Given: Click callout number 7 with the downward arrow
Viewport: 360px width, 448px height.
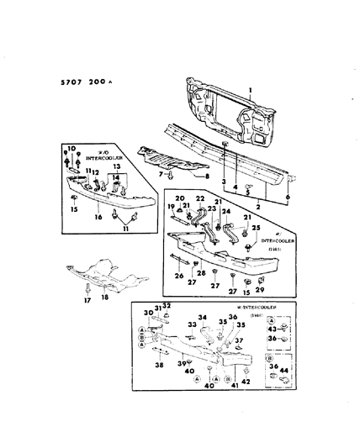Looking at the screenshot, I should pos(158,174).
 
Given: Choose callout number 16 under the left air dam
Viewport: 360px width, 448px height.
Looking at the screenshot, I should pos(97,216).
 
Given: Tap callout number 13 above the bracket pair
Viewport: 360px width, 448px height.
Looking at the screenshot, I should pos(117,168).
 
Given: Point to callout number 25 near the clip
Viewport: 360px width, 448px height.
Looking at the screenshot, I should pos(256,228).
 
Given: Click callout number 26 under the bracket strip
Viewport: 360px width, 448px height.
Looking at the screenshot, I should pos(179,274).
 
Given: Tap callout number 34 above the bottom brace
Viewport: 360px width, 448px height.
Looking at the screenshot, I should pos(201,318).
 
